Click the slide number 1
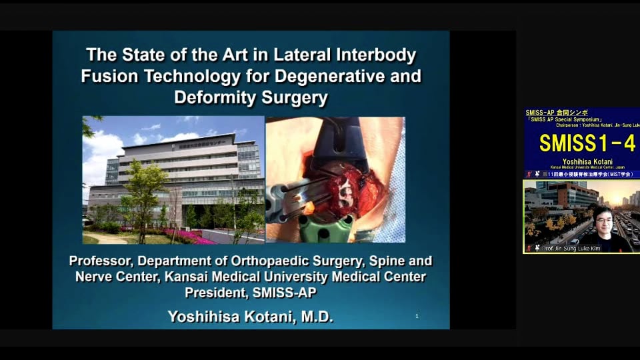pos(417,316)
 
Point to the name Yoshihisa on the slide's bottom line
pos(203,317)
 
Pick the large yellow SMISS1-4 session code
pos(587,143)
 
